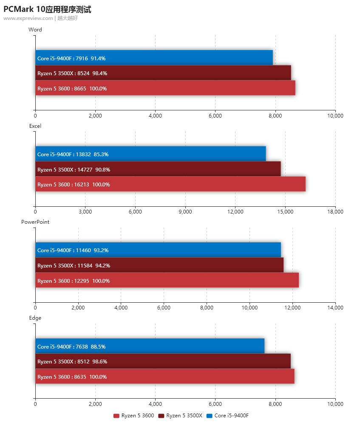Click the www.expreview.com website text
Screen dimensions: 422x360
[x=28, y=18]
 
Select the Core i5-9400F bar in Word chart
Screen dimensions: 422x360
[x=154, y=58]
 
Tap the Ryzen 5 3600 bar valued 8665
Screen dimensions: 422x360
[x=165, y=88]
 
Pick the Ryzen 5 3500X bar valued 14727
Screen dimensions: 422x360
[x=158, y=169]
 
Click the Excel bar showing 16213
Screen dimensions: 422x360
[x=170, y=184]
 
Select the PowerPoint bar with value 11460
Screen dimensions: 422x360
[x=158, y=250]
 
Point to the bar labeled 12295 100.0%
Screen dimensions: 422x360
[x=167, y=280]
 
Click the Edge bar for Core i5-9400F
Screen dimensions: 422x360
[x=150, y=346]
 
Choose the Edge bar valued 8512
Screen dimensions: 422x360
[x=163, y=361]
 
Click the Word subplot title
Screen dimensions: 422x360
[x=35, y=30]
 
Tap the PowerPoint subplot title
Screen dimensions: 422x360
[x=32, y=222]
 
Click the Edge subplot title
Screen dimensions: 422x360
[x=35, y=318]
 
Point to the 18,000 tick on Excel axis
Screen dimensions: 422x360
[x=335, y=212]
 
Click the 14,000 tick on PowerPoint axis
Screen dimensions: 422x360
[x=335, y=308]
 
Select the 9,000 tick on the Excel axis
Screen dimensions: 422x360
[x=185, y=212]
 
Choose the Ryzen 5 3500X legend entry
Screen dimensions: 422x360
[x=180, y=415]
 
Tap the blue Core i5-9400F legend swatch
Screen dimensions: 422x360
[x=209, y=415]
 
